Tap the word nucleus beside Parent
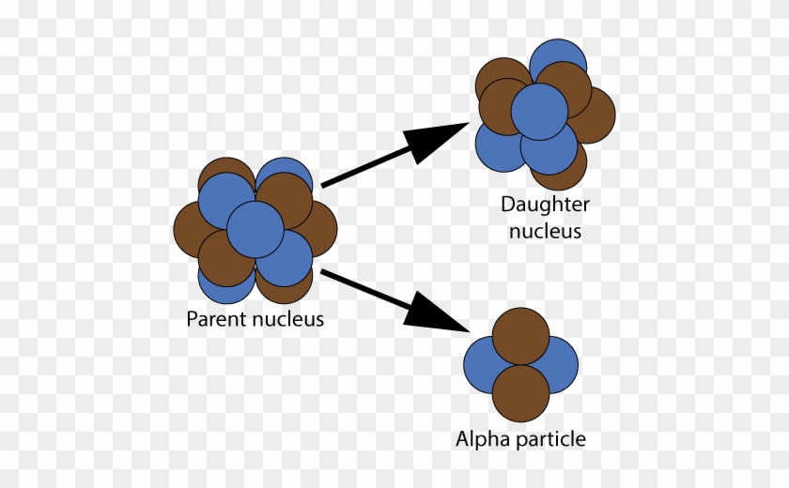click(286, 319)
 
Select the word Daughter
click(545, 205)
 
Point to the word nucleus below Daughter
click(545, 231)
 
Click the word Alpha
click(479, 439)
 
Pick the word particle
click(549, 439)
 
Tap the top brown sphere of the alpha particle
click(520, 336)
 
